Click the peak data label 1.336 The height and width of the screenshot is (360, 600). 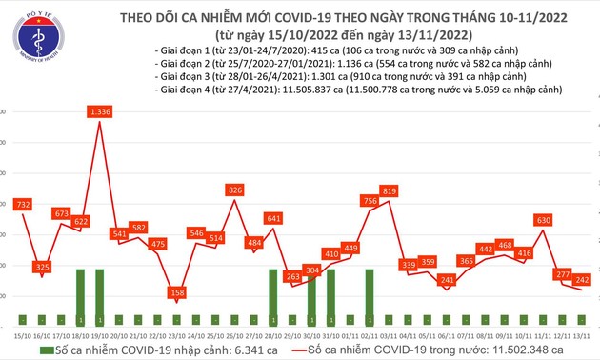click(x=101, y=111)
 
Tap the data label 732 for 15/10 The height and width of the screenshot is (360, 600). click(x=24, y=204)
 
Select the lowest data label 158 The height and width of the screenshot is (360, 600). click(x=176, y=293)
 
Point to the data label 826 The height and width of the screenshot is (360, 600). click(x=234, y=190)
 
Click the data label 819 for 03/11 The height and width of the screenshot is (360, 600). click(x=389, y=191)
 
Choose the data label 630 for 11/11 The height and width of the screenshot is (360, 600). click(x=544, y=220)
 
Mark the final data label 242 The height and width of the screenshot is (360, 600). click(x=582, y=279)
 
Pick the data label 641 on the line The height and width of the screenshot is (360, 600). click(x=273, y=218)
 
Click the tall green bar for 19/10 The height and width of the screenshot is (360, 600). click(x=100, y=298)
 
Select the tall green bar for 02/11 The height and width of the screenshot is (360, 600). click(x=370, y=298)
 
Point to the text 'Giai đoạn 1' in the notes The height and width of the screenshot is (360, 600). click(x=181, y=50)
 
